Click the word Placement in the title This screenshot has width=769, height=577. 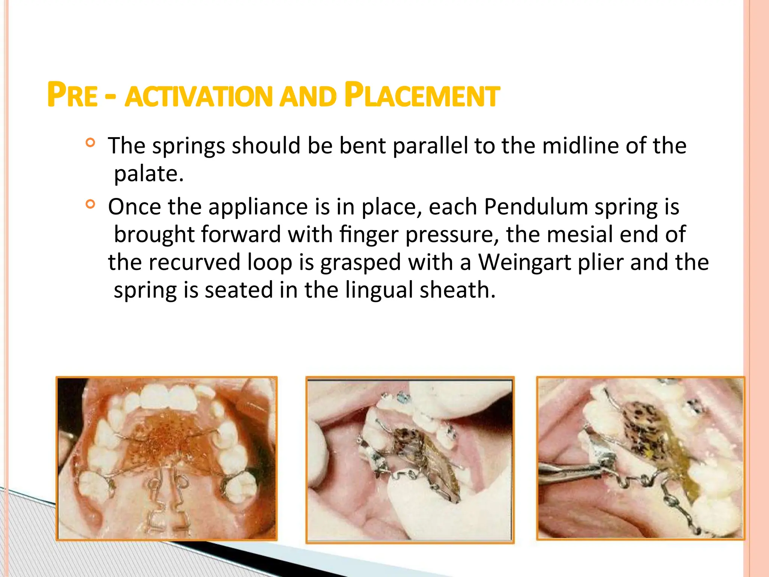coord(422,95)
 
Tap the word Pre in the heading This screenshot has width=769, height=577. coord(72,95)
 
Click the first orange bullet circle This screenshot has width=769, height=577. coord(90,143)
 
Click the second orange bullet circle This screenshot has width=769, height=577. coord(90,204)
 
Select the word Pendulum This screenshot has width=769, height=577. coord(536,207)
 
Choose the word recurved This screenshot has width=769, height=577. coord(194,262)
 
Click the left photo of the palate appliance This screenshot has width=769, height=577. coord(167,459)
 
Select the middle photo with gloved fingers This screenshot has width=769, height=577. coord(410,460)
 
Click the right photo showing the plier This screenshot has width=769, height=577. coord(641,458)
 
